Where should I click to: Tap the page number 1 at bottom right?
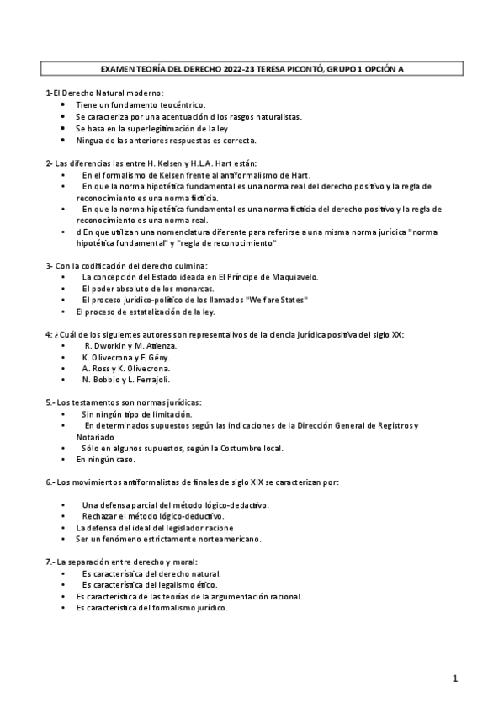tap(454, 678)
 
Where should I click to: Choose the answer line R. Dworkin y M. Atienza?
tap(130, 346)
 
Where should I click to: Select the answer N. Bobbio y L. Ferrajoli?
tap(129, 381)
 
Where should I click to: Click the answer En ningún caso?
tap(105, 461)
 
